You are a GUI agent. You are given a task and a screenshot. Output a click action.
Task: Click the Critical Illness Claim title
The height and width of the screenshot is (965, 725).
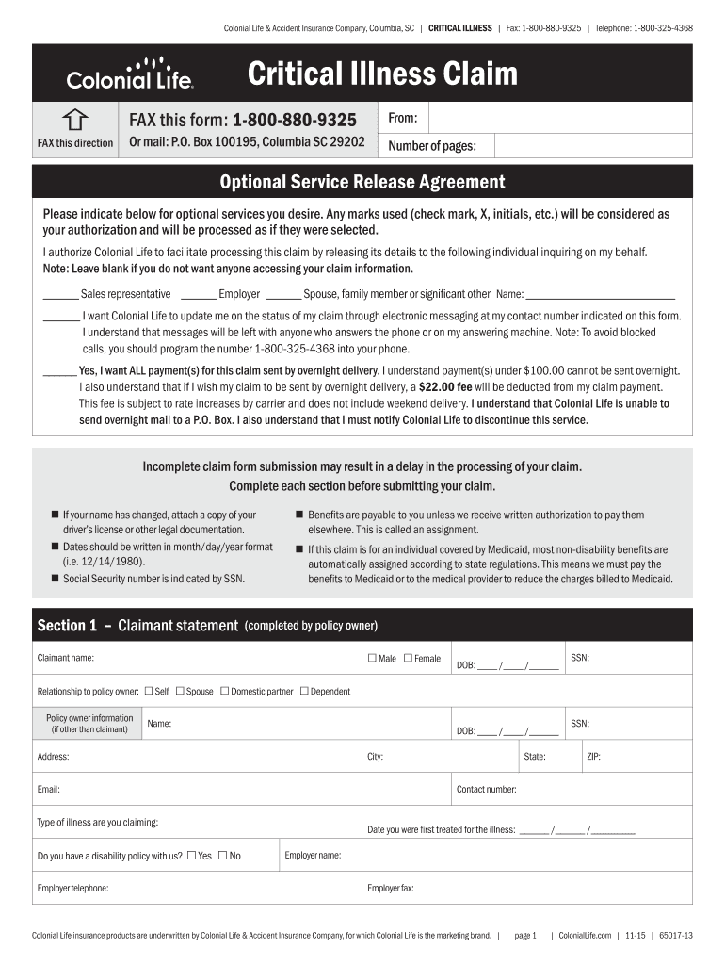coord(382,73)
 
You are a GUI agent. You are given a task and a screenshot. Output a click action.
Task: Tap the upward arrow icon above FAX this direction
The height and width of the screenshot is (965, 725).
coord(75,119)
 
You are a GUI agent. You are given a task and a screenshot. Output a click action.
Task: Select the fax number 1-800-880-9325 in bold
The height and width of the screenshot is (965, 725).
coord(295,120)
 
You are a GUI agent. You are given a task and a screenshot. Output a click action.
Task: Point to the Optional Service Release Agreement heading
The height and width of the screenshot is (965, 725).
coord(362,182)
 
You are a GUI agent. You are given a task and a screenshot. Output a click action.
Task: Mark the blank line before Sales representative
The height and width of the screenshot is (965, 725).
coord(60,295)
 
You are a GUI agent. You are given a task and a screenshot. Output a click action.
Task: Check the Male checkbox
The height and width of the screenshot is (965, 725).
coord(372,658)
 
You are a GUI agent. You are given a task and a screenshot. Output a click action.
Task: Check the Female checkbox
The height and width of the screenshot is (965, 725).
coord(408,658)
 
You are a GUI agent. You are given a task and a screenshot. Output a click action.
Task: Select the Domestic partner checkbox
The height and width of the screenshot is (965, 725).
coord(225,691)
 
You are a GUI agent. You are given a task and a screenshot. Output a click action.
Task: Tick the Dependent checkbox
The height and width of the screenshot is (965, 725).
coord(304,691)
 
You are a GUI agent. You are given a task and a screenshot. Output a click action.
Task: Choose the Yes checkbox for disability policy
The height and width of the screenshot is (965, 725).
coord(192,856)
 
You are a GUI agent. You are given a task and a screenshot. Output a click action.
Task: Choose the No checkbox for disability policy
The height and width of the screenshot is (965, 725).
coord(223,856)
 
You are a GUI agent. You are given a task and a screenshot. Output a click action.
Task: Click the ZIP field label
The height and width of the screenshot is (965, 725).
coord(593,756)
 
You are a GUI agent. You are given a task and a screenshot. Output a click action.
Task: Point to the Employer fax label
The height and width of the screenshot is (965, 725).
coord(390,888)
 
